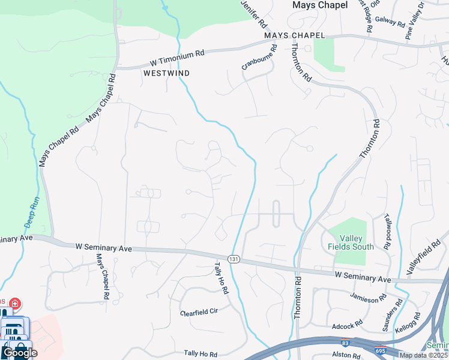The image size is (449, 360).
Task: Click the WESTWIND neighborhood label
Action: [167, 73]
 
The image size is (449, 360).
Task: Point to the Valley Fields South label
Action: [351, 242]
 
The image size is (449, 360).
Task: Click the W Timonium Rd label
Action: [178, 58]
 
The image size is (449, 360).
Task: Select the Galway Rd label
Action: [391, 22]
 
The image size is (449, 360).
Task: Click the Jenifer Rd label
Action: [255, 15]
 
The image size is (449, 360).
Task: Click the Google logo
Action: [19, 353]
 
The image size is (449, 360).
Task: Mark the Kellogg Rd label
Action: [409, 323]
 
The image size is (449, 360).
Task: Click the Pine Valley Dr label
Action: [415, 20]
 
